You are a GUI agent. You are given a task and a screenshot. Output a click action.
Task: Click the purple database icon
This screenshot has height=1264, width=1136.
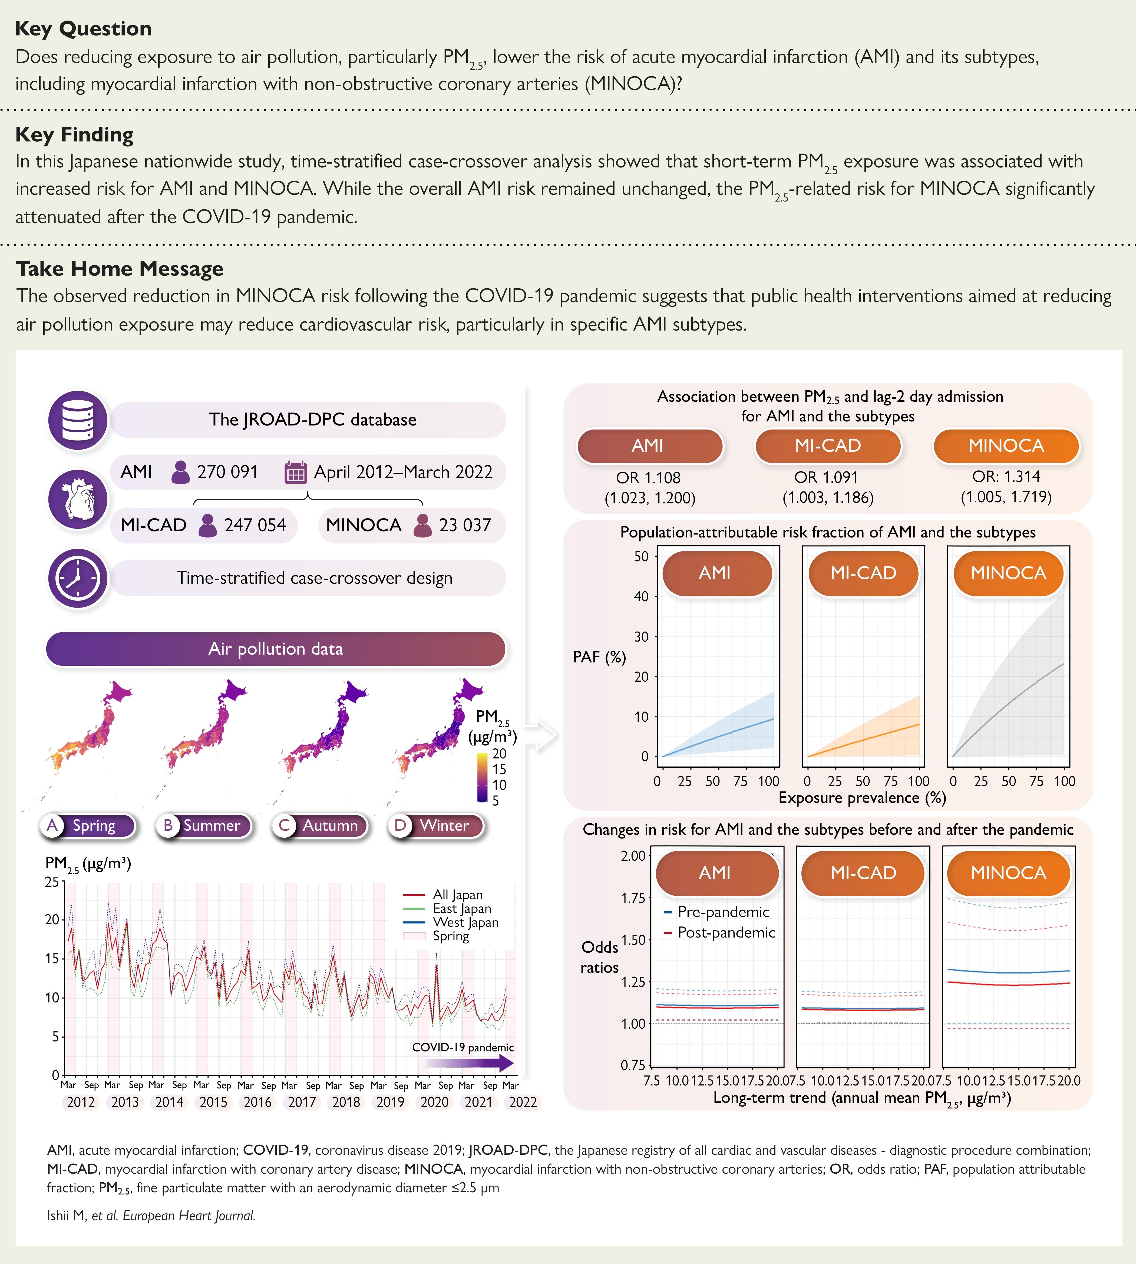point(78,420)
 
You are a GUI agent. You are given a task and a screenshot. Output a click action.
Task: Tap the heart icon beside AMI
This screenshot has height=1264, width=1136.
point(78,499)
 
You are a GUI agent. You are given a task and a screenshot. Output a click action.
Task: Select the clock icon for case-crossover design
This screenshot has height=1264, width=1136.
point(78,578)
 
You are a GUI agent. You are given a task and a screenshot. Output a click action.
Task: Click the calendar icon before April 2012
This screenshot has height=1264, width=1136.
point(295,473)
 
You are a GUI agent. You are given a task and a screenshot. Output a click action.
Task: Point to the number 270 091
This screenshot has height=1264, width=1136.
point(227,472)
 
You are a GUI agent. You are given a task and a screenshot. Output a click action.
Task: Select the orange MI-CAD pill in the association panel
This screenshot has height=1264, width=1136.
point(828,446)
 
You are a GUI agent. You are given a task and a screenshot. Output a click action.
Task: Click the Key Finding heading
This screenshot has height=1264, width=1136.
point(74,135)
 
